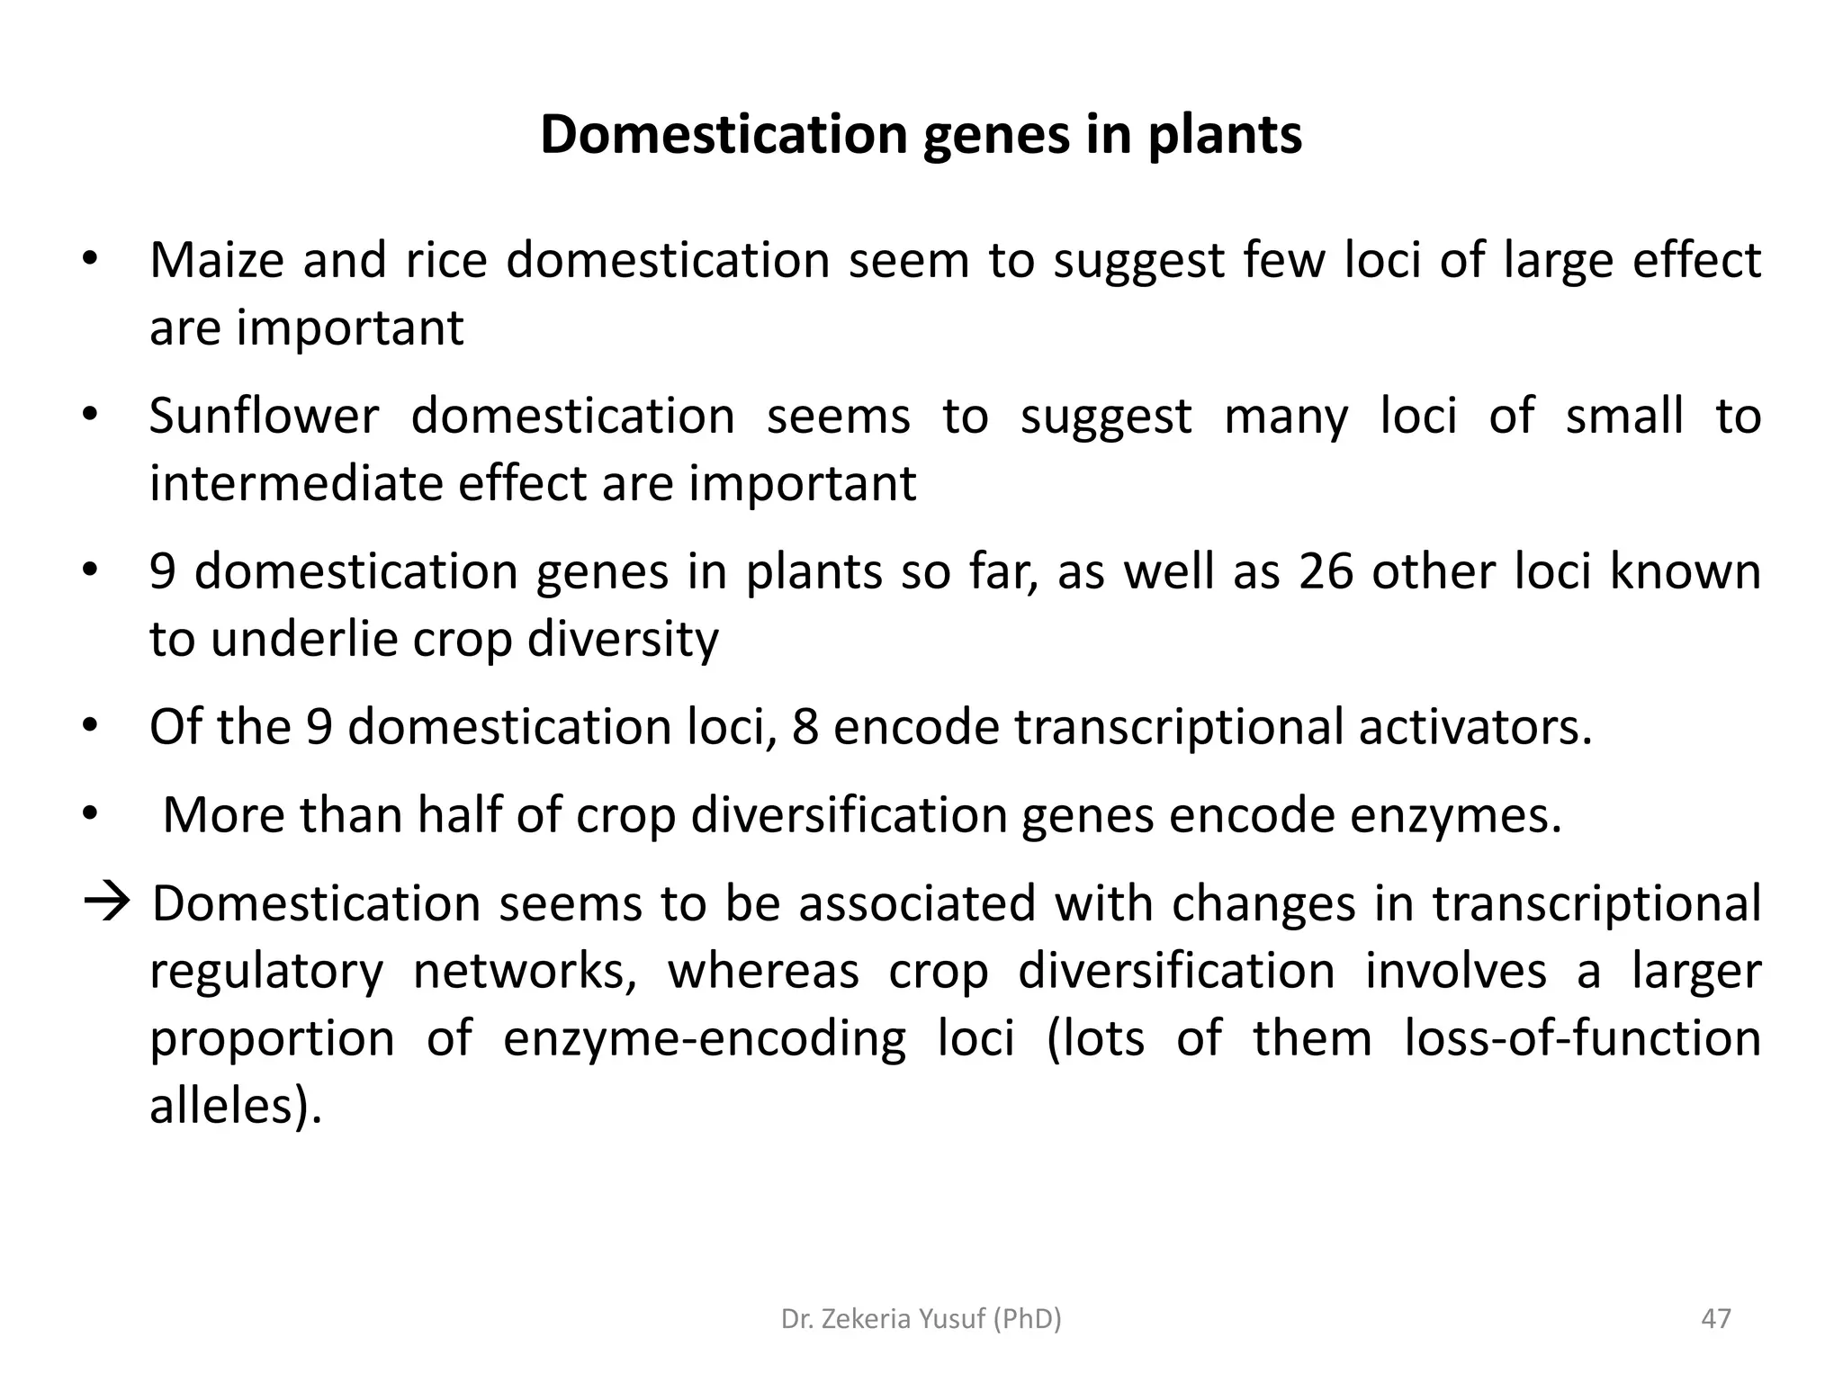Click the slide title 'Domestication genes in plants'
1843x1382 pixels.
tap(921, 135)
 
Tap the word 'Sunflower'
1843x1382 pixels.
tap(264, 417)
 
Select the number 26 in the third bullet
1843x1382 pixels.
tap(1326, 572)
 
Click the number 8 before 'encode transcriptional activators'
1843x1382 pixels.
tap(805, 727)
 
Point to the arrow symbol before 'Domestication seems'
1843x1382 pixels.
tap(106, 902)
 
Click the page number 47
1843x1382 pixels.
tap(1716, 1319)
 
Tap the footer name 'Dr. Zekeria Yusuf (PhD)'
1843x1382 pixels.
tap(921, 1319)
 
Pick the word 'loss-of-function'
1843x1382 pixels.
tap(1582, 1038)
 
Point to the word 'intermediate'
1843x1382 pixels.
tap(295, 484)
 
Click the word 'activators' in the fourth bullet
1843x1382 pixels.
tap(1474, 727)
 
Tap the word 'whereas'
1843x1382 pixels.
tap(763, 972)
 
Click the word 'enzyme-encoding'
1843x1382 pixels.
tap(704, 1038)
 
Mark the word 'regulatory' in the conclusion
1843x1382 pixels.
tap(265, 972)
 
